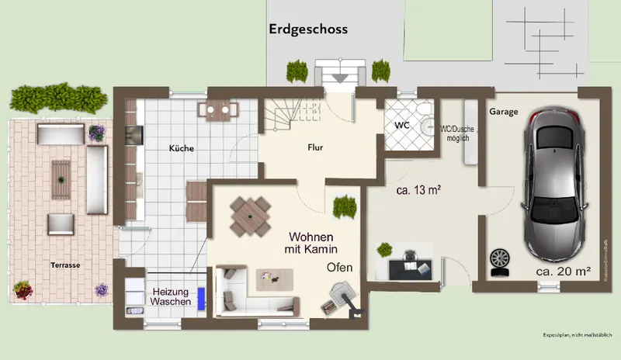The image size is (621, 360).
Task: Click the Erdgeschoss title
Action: pos(308,29)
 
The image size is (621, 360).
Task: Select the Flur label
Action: pos(315,147)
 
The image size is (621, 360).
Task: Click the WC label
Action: pos(401,124)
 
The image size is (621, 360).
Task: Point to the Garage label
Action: pos(504,112)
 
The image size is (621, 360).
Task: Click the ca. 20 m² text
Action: pos(564,272)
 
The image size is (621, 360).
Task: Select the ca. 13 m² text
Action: pos(419,189)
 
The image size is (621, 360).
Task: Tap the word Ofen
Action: pos(339,268)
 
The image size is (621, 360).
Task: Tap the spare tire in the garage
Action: pos(499,258)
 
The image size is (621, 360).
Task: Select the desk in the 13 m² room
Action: pos(408,266)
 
